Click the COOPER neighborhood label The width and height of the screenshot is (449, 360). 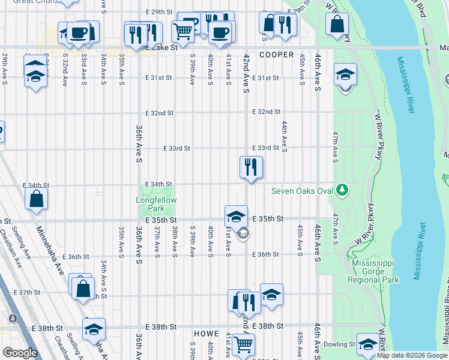pos(276,55)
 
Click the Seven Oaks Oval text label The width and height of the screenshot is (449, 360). pos(301,191)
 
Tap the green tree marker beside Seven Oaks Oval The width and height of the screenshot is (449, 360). pos(342,190)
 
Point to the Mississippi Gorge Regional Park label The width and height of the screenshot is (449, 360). pos(375,271)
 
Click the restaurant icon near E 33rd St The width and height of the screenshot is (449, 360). pos(251,166)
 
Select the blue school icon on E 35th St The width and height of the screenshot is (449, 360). pos(236,216)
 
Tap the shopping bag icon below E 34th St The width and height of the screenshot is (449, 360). pos(37,200)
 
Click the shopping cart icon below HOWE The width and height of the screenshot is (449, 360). pos(243,344)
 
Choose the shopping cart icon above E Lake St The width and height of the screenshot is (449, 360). pos(182,31)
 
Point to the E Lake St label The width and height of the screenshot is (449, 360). pos(162,47)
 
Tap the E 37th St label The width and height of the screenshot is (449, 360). pos(34,292)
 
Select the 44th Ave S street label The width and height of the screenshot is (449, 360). pos(284,136)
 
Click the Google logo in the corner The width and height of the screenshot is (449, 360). pos(20,353)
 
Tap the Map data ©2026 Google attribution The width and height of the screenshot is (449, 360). pos(411,355)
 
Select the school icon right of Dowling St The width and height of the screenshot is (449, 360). pos(368,344)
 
